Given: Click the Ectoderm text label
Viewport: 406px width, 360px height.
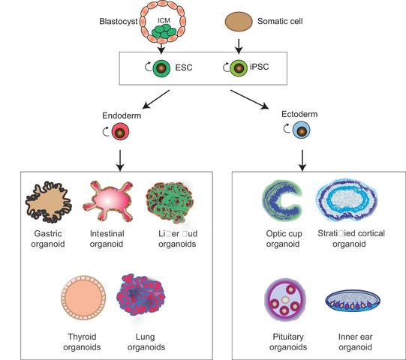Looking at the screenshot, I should tap(299, 115).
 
